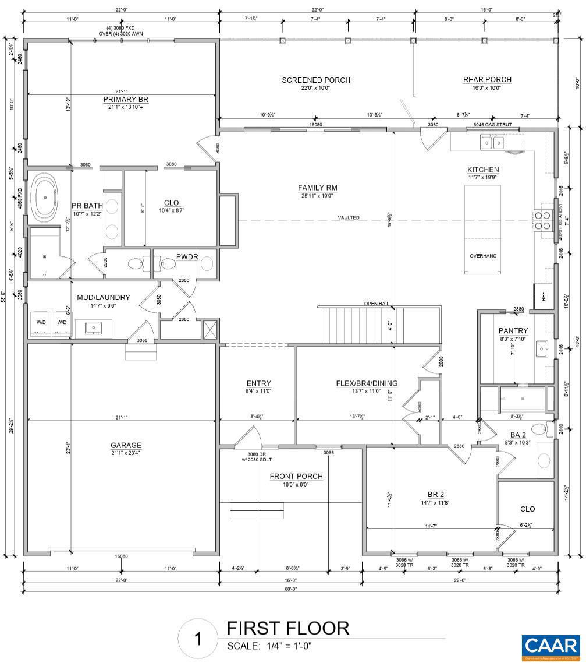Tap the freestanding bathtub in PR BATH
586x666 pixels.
45,196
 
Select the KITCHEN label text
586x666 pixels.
483,170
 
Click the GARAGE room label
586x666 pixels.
126,446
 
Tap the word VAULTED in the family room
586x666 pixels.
349,217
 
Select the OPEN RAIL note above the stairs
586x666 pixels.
376,304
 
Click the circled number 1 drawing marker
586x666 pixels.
198,639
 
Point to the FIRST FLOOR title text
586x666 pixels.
287,628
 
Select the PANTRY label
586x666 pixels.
513,330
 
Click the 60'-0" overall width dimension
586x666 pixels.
290,589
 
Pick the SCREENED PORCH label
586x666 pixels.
316,80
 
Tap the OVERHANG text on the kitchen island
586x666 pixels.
483,256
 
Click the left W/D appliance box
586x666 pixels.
41,322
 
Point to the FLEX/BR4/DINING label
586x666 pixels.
367,383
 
